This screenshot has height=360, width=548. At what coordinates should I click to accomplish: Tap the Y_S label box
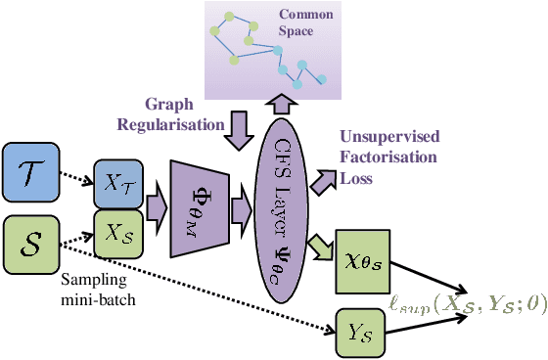pyautogui.click(x=361, y=333)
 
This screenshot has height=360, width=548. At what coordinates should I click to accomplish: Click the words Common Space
pyautogui.click(x=306, y=23)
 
